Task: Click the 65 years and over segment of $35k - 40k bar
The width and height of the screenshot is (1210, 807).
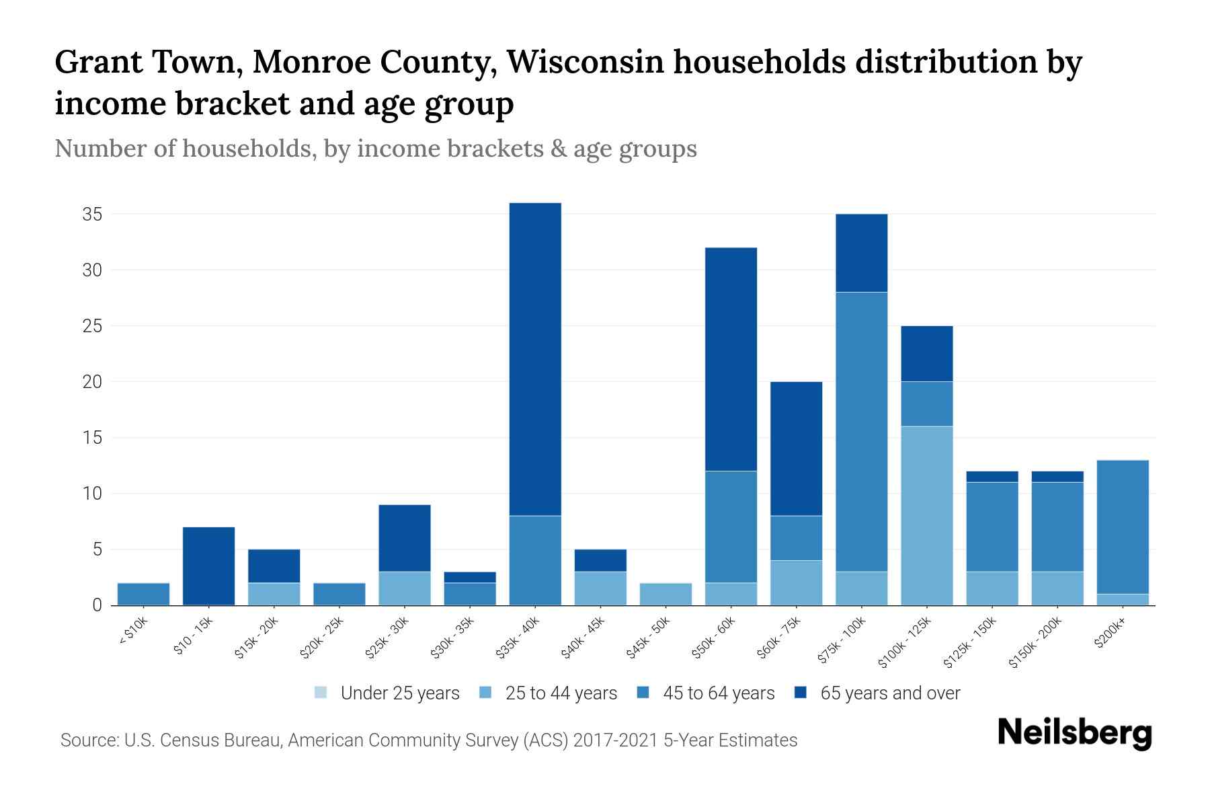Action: click(535, 359)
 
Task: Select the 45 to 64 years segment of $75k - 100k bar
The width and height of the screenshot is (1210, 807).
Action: click(862, 432)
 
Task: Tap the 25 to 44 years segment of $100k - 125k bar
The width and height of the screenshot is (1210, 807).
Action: click(927, 516)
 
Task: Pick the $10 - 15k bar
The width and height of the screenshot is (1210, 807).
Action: click(208, 566)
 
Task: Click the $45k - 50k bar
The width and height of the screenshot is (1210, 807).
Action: click(665, 594)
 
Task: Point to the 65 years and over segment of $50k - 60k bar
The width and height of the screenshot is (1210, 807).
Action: click(731, 359)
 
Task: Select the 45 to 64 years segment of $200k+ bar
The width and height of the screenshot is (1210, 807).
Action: click(1123, 527)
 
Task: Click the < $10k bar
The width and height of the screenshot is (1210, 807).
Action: click(143, 594)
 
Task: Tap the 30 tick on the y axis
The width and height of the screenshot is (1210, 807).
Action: click(92, 270)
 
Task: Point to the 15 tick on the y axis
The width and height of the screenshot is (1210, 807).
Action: click(92, 438)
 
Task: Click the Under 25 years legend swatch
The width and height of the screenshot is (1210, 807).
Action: click(321, 693)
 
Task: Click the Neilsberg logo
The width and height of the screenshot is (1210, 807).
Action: click(1074, 733)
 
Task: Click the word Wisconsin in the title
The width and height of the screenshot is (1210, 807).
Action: click(585, 62)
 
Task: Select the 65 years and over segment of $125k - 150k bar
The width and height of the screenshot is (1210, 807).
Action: click(992, 477)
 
